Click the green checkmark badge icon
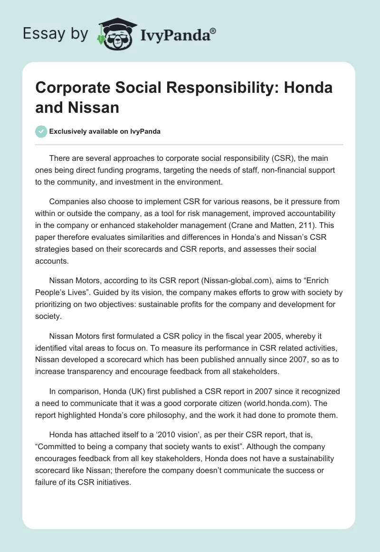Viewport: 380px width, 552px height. pyautogui.click(x=41, y=131)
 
